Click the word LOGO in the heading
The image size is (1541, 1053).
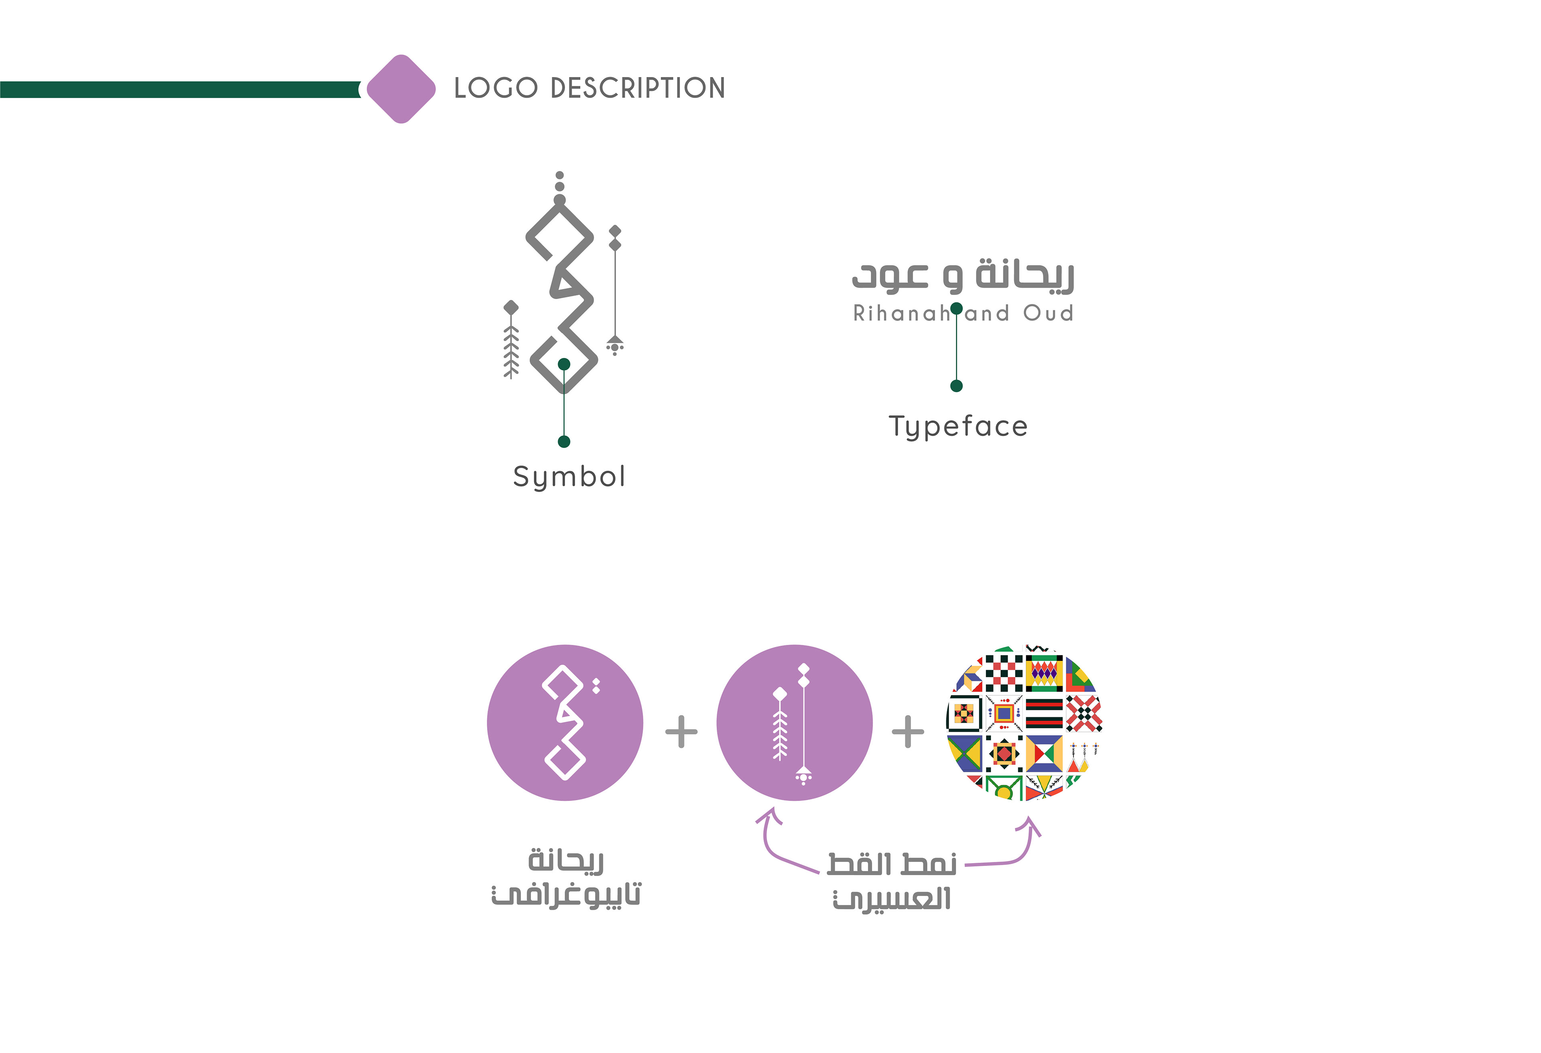[x=495, y=88]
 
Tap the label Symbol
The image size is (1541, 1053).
[x=569, y=477]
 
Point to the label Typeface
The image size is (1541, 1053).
[x=958, y=426]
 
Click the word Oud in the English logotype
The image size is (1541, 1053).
[x=1048, y=313]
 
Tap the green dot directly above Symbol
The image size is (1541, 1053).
[x=564, y=441]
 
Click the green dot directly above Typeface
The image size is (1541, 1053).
[x=956, y=386]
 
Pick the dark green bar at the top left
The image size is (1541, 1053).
[x=179, y=89]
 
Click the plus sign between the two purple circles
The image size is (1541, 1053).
[x=681, y=732]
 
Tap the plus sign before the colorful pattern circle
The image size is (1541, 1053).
[x=908, y=732]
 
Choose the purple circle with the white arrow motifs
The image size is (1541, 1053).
[x=794, y=723]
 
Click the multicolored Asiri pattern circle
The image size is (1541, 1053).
[x=1025, y=723]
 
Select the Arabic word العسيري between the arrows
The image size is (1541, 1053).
[x=892, y=900]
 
